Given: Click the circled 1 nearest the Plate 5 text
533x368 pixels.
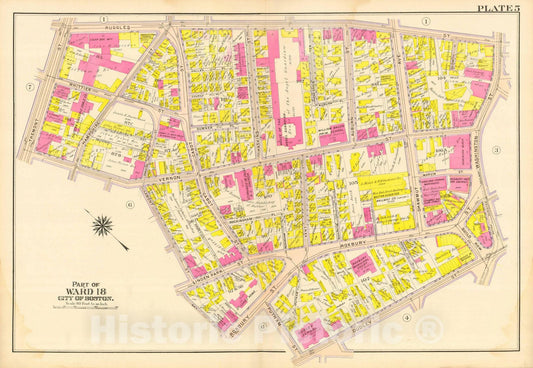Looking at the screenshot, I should [x=425, y=21].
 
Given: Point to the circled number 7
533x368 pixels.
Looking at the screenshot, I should [x=31, y=87].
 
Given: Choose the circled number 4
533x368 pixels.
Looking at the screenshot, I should [x=405, y=318].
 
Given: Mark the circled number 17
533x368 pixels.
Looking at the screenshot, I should [x=263, y=327].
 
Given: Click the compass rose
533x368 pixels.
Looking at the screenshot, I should [x=103, y=226].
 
